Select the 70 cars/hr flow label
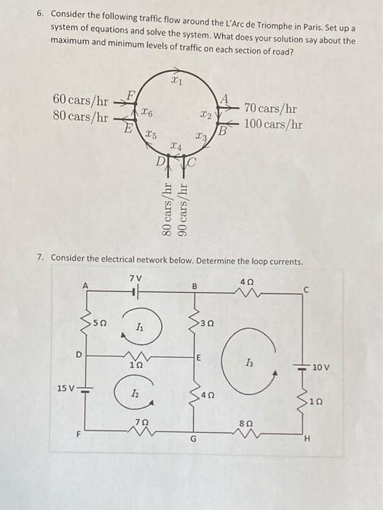pyautogui.click(x=271, y=109)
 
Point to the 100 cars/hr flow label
pyautogui.click(x=274, y=124)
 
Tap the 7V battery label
pyautogui.click(x=135, y=278)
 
